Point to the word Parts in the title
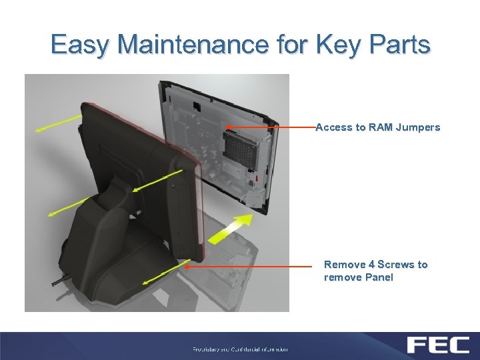pyautogui.click(x=399, y=45)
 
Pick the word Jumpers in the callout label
pyautogui.click(x=418, y=127)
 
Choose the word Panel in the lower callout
pyautogui.click(x=378, y=277)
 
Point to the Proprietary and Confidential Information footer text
pyautogui.click(x=240, y=349)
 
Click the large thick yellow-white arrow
pyautogui.click(x=230, y=228)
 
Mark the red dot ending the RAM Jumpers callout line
pyautogui.click(x=228, y=127)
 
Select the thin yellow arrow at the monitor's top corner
pyautogui.click(x=59, y=123)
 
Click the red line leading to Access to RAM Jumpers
pyautogui.click(x=273, y=127)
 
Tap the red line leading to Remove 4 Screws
pyautogui.click(x=253, y=266)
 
